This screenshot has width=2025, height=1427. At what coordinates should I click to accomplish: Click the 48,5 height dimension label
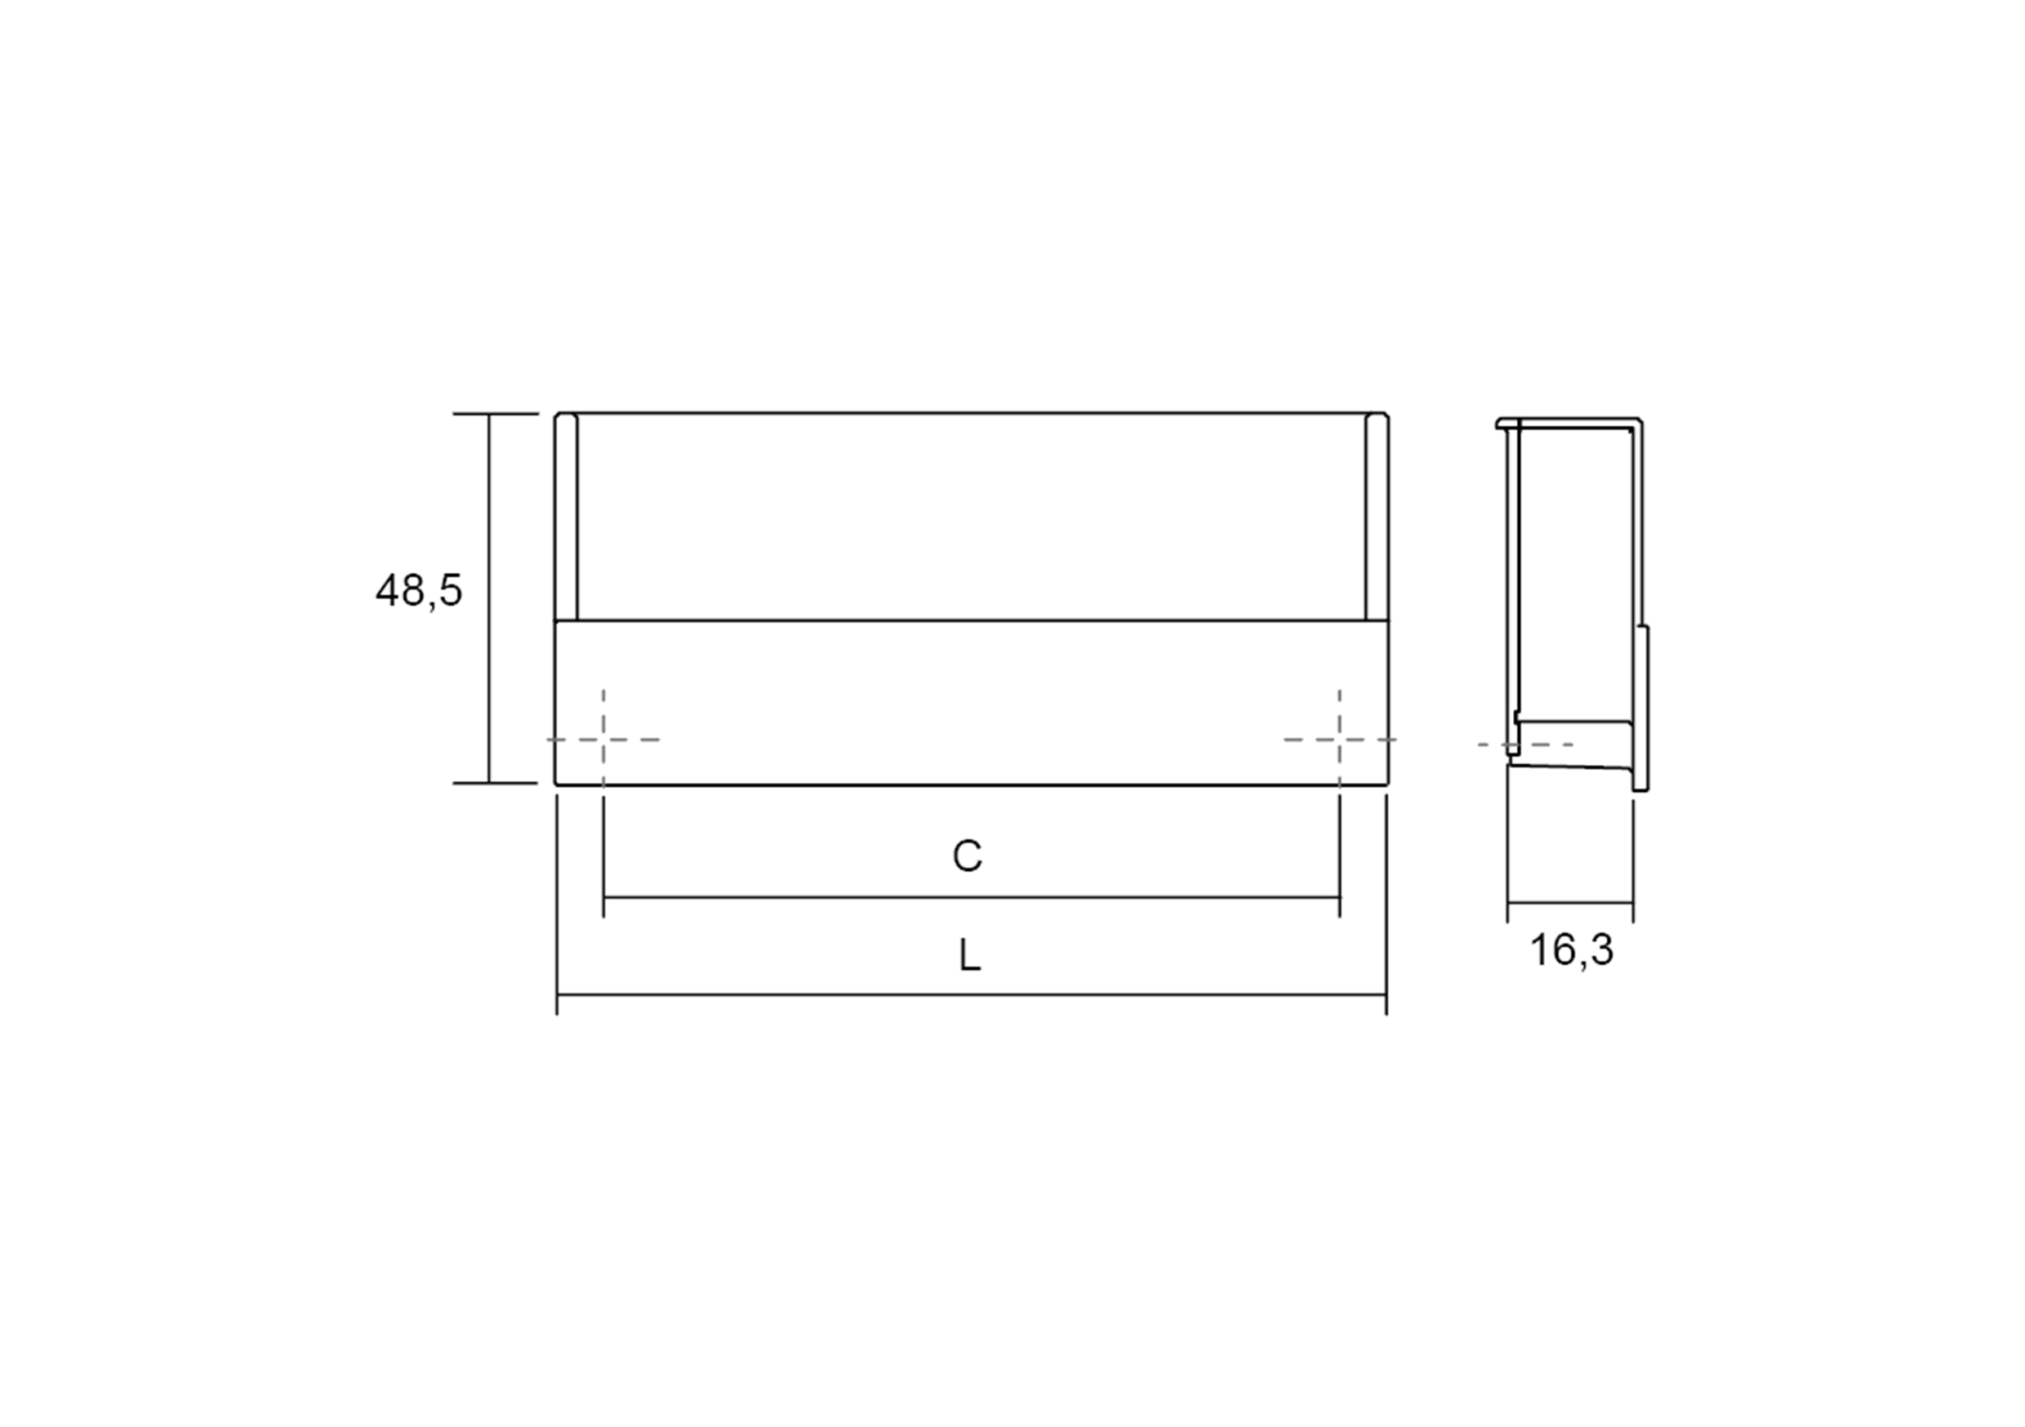[419, 591]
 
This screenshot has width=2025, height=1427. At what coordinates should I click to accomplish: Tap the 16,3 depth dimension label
[1571, 951]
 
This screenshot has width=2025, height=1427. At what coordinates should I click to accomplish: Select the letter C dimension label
[968, 856]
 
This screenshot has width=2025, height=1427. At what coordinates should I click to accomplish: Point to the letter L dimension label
[969, 955]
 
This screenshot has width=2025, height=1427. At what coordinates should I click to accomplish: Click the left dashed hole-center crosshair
[603, 739]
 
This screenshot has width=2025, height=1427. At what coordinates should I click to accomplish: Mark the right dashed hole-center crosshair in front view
[1339, 739]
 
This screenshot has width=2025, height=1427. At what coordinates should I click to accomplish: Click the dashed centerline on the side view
[1526, 745]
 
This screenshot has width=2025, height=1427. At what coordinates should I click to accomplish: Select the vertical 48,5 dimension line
[489, 598]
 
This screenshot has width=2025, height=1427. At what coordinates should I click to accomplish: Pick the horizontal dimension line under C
[970, 898]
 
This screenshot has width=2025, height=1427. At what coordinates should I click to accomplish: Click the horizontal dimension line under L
[970, 995]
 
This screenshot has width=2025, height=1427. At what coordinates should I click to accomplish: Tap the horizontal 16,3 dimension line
[1570, 903]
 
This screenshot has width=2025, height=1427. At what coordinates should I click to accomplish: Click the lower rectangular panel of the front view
[970, 701]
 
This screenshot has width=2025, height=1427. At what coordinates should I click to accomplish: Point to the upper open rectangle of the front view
[970, 516]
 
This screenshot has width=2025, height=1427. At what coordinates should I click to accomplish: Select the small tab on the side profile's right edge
[1644, 705]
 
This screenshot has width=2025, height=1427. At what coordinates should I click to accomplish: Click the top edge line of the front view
[970, 413]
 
